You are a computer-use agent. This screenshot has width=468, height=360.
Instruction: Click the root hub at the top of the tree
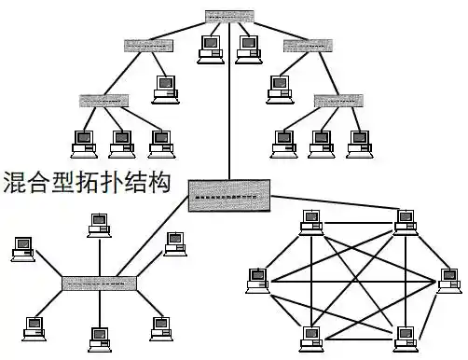(229, 17)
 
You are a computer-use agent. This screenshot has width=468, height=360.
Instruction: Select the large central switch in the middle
(229, 195)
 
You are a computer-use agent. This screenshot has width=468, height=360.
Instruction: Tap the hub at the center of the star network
(99, 281)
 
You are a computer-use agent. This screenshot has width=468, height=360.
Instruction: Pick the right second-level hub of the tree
(308, 45)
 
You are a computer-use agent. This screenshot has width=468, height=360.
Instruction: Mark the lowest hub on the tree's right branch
(338, 98)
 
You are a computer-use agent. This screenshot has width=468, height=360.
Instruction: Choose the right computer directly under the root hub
(249, 47)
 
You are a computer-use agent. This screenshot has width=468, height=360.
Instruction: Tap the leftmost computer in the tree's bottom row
(84, 142)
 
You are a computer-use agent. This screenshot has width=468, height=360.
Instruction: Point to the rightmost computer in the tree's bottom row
(358, 142)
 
